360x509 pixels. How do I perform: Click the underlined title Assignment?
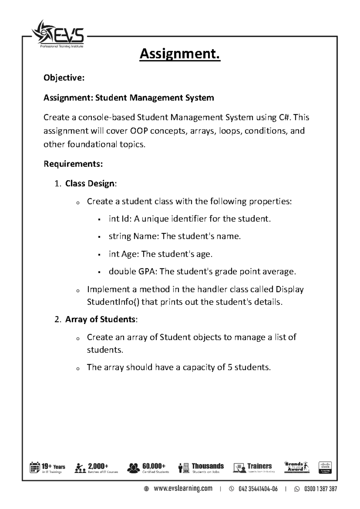180,54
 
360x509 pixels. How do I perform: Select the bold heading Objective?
64,78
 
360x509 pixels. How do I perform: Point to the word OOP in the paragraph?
139,131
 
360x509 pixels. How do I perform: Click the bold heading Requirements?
73,164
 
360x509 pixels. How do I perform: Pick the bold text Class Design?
90,183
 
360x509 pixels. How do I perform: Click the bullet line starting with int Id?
189,219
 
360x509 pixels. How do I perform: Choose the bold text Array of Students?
100,319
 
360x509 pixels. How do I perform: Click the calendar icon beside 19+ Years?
34,467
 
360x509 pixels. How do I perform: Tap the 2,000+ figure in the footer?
98,466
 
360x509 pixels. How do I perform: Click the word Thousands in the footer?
208,466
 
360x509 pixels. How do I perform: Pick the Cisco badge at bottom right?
325,467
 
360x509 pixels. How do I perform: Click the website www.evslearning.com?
183,489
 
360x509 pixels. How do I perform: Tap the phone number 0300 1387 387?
320,489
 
